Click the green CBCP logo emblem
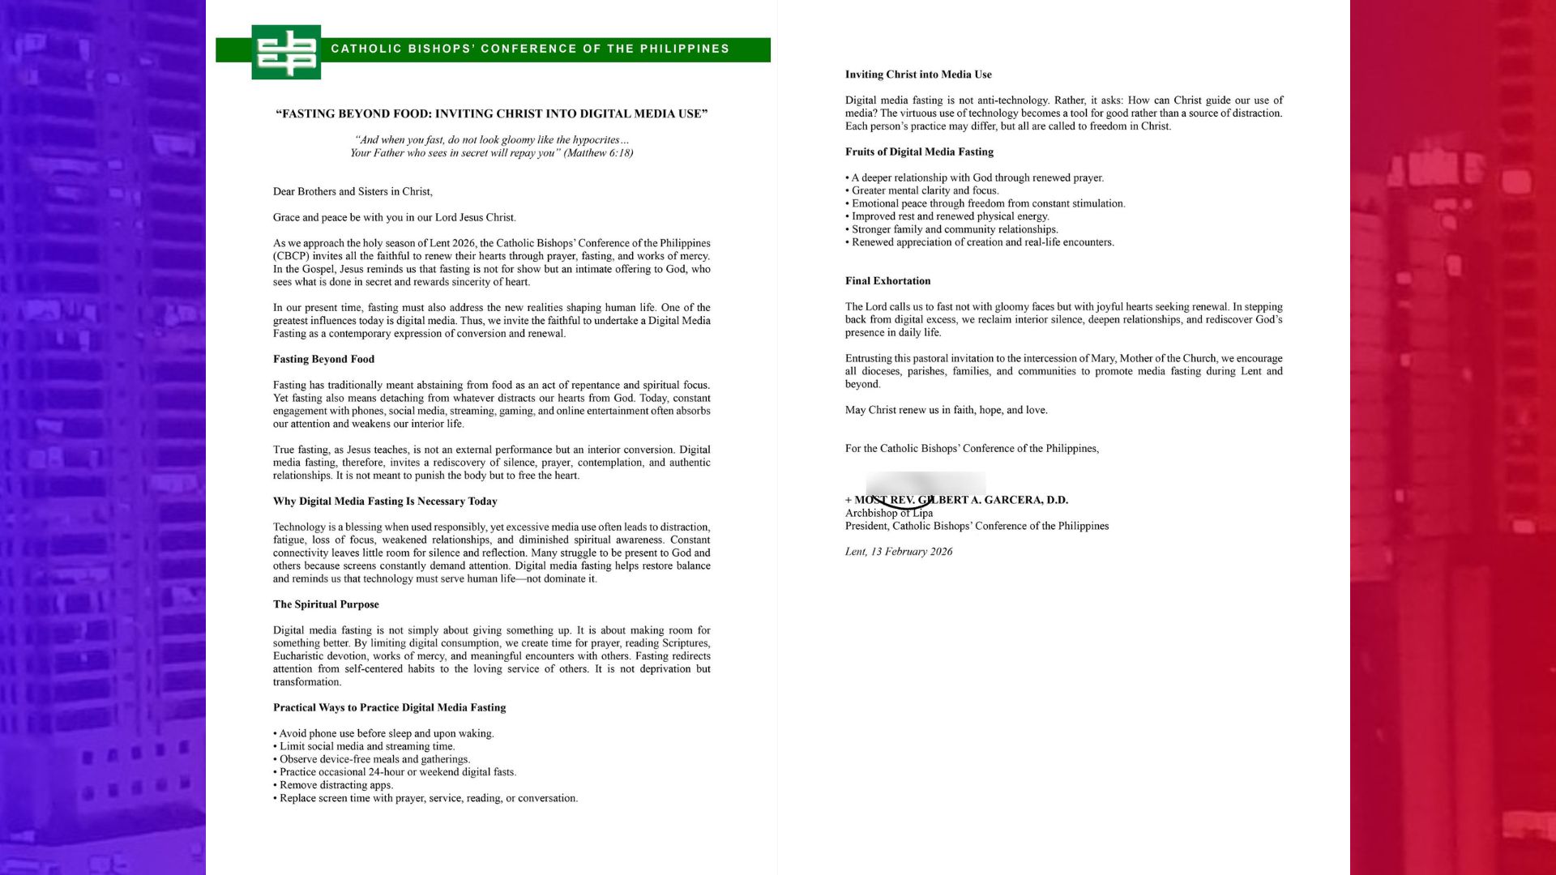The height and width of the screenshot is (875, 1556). click(286, 52)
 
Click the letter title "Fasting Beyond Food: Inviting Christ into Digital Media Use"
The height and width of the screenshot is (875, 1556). click(491, 114)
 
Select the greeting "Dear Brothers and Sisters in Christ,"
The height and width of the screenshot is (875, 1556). click(353, 192)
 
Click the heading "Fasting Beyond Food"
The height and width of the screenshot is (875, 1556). click(323, 360)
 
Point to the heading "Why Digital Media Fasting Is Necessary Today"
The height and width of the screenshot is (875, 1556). click(385, 502)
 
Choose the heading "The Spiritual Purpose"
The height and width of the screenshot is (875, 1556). click(326, 604)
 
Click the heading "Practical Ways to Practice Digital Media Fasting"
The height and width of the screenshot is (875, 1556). click(389, 708)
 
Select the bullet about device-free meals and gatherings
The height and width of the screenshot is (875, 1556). click(374, 759)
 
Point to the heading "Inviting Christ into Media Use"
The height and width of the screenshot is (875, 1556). click(918, 75)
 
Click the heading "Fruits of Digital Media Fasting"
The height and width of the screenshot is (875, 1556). click(919, 152)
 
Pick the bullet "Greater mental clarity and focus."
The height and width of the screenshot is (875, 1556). click(925, 191)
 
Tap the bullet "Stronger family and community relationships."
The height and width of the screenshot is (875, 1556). click(954, 229)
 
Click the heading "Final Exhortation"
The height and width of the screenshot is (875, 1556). click(887, 281)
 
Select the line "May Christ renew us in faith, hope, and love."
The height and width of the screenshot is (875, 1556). click(946, 410)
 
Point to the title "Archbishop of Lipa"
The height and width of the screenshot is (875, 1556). click(889, 513)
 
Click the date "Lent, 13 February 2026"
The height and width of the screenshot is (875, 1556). click(899, 552)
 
